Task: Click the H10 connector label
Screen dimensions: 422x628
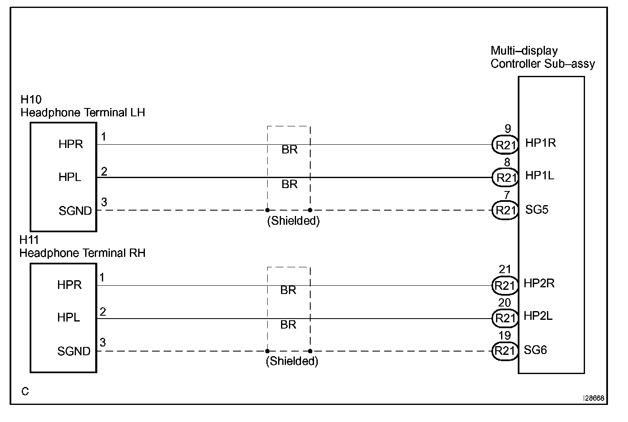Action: tap(31, 100)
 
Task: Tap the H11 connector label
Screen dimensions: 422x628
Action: tap(29, 240)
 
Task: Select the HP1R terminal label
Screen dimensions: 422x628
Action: tap(540, 143)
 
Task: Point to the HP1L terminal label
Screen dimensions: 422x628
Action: tap(539, 176)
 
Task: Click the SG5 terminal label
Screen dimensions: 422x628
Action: tap(537, 210)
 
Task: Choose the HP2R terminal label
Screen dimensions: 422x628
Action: tap(539, 284)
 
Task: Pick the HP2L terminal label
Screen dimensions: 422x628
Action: tap(538, 316)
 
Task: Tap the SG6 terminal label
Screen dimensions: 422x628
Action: tap(535, 350)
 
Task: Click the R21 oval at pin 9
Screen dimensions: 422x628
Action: tap(505, 145)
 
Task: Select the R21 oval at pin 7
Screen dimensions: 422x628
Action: tap(505, 211)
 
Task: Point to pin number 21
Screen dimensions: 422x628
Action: tap(505, 270)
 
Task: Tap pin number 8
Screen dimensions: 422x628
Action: tap(507, 163)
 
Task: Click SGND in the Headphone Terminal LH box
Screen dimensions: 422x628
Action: tap(75, 211)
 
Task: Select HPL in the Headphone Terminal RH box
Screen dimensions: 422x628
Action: tap(68, 318)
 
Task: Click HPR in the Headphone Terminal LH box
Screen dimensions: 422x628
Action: tap(71, 144)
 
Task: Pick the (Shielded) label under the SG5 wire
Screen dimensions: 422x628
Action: tap(293, 221)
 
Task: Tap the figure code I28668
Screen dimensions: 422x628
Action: tap(593, 398)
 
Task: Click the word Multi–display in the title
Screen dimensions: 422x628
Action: tap(524, 51)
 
